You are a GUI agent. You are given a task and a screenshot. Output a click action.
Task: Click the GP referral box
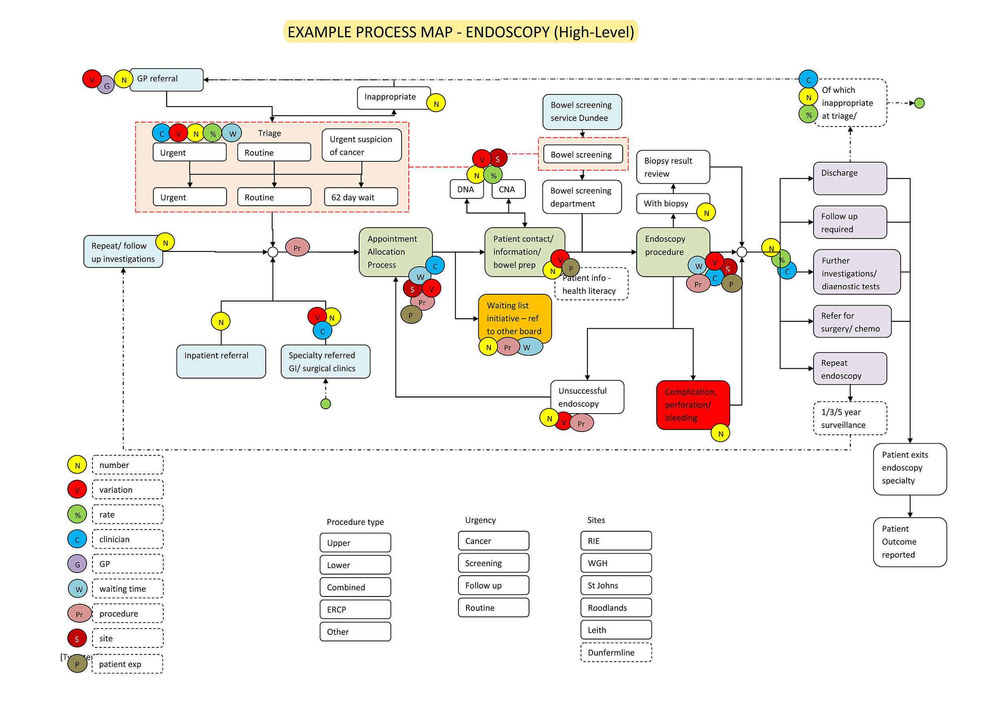tap(166, 79)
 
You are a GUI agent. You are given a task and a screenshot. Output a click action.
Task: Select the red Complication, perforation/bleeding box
tap(692, 404)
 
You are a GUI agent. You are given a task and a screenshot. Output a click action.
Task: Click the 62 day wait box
tap(361, 197)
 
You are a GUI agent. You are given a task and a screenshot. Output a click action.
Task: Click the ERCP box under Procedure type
tap(355, 609)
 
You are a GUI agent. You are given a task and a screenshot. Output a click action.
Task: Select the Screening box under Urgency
tap(493, 563)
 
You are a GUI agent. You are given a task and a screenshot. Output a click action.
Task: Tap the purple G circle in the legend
tap(77, 564)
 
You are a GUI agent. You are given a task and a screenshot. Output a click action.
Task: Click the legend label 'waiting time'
tap(127, 589)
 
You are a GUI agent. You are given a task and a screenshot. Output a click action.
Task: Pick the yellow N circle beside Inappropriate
tap(436, 103)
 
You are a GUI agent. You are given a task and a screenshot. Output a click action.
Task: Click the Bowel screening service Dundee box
tap(581, 112)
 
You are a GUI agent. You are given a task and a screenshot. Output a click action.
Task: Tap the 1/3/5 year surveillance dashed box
tap(849, 418)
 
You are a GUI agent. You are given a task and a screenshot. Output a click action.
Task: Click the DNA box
tap(466, 190)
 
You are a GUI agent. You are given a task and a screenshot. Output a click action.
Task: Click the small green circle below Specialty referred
tap(326, 404)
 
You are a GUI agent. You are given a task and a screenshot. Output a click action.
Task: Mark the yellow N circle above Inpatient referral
tap(220, 321)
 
